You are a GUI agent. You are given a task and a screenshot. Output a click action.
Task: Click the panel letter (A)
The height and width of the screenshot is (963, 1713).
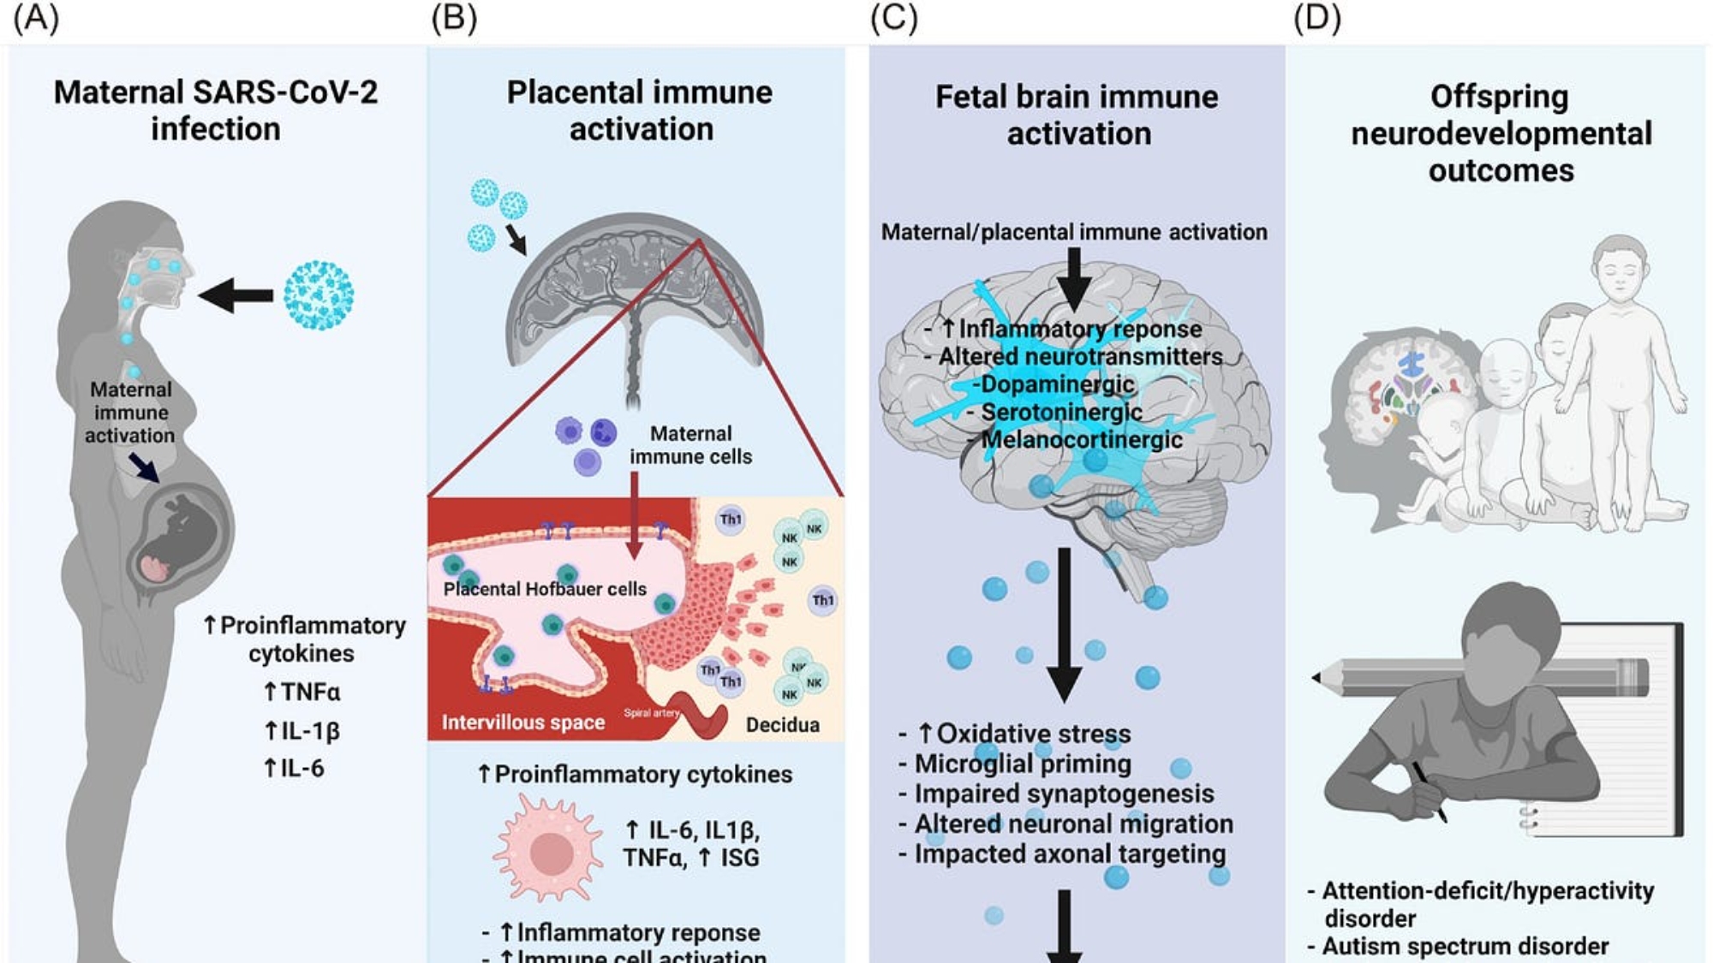(x=36, y=18)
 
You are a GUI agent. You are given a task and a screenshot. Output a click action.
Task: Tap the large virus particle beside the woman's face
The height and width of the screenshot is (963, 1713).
(x=318, y=295)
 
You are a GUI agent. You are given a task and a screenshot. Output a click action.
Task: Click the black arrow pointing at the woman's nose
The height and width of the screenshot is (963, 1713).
(x=236, y=295)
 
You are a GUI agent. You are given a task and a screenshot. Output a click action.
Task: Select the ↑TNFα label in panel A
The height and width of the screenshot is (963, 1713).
(x=301, y=692)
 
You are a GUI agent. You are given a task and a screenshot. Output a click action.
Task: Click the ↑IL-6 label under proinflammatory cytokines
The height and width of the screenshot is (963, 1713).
(x=294, y=768)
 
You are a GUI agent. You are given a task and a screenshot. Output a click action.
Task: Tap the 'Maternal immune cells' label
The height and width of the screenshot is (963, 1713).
(x=690, y=445)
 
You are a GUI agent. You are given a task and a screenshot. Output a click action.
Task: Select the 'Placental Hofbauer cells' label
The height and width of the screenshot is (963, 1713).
(x=545, y=589)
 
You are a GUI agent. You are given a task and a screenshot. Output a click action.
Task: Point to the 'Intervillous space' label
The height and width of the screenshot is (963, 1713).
(x=522, y=722)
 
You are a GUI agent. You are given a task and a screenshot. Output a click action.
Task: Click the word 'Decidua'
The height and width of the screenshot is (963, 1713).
(x=782, y=725)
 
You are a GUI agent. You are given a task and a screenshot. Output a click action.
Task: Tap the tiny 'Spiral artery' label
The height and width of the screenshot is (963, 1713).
(x=651, y=712)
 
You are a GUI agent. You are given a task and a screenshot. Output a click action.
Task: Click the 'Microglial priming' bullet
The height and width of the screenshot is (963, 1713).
(x=1022, y=764)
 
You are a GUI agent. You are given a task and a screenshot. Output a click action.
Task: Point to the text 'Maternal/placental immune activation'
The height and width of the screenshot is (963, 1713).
(x=1074, y=232)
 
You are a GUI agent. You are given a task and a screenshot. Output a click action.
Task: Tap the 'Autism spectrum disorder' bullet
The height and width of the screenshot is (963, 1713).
(x=1464, y=946)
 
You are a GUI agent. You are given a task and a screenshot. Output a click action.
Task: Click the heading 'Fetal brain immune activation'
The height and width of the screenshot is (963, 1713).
(x=1077, y=115)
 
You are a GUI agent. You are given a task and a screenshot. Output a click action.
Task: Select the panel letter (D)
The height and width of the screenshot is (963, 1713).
(x=1316, y=18)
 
